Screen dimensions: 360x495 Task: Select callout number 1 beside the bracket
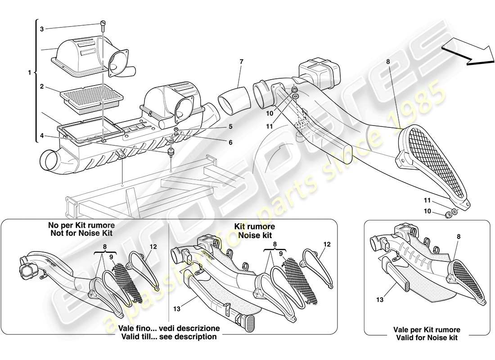coord(29,72)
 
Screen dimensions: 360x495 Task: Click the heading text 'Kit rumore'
coord(254,227)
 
